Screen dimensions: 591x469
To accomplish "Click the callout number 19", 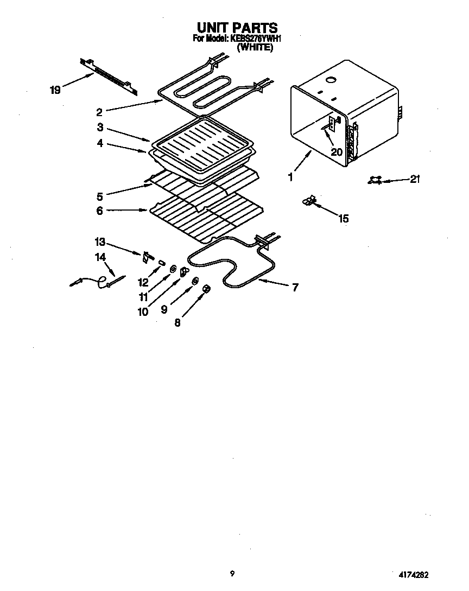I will pyautogui.click(x=55, y=90).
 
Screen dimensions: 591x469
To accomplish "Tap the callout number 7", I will pyautogui.click(x=295, y=288).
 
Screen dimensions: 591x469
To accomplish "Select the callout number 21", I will pyautogui.click(x=415, y=179).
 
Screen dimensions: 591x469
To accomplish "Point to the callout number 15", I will pyautogui.click(x=343, y=219).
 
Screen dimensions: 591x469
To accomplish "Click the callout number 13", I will pyautogui.click(x=100, y=242).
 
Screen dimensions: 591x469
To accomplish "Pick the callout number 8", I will pyautogui.click(x=177, y=322).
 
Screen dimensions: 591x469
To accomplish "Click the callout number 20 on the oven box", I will pyautogui.click(x=337, y=152).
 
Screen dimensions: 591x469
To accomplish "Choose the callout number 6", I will pyautogui.click(x=100, y=211).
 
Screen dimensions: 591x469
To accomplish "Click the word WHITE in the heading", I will pyautogui.click(x=255, y=47).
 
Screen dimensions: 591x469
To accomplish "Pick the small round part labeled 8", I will pyautogui.click(x=206, y=289).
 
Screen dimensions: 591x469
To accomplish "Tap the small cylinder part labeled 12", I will pyautogui.click(x=162, y=262).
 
